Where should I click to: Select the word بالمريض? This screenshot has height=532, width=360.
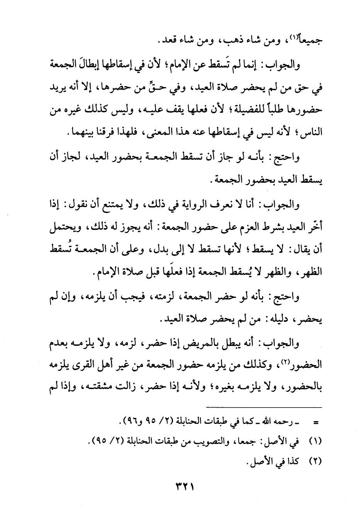click(x=216, y=343)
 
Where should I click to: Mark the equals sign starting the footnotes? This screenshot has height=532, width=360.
click(x=315, y=422)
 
